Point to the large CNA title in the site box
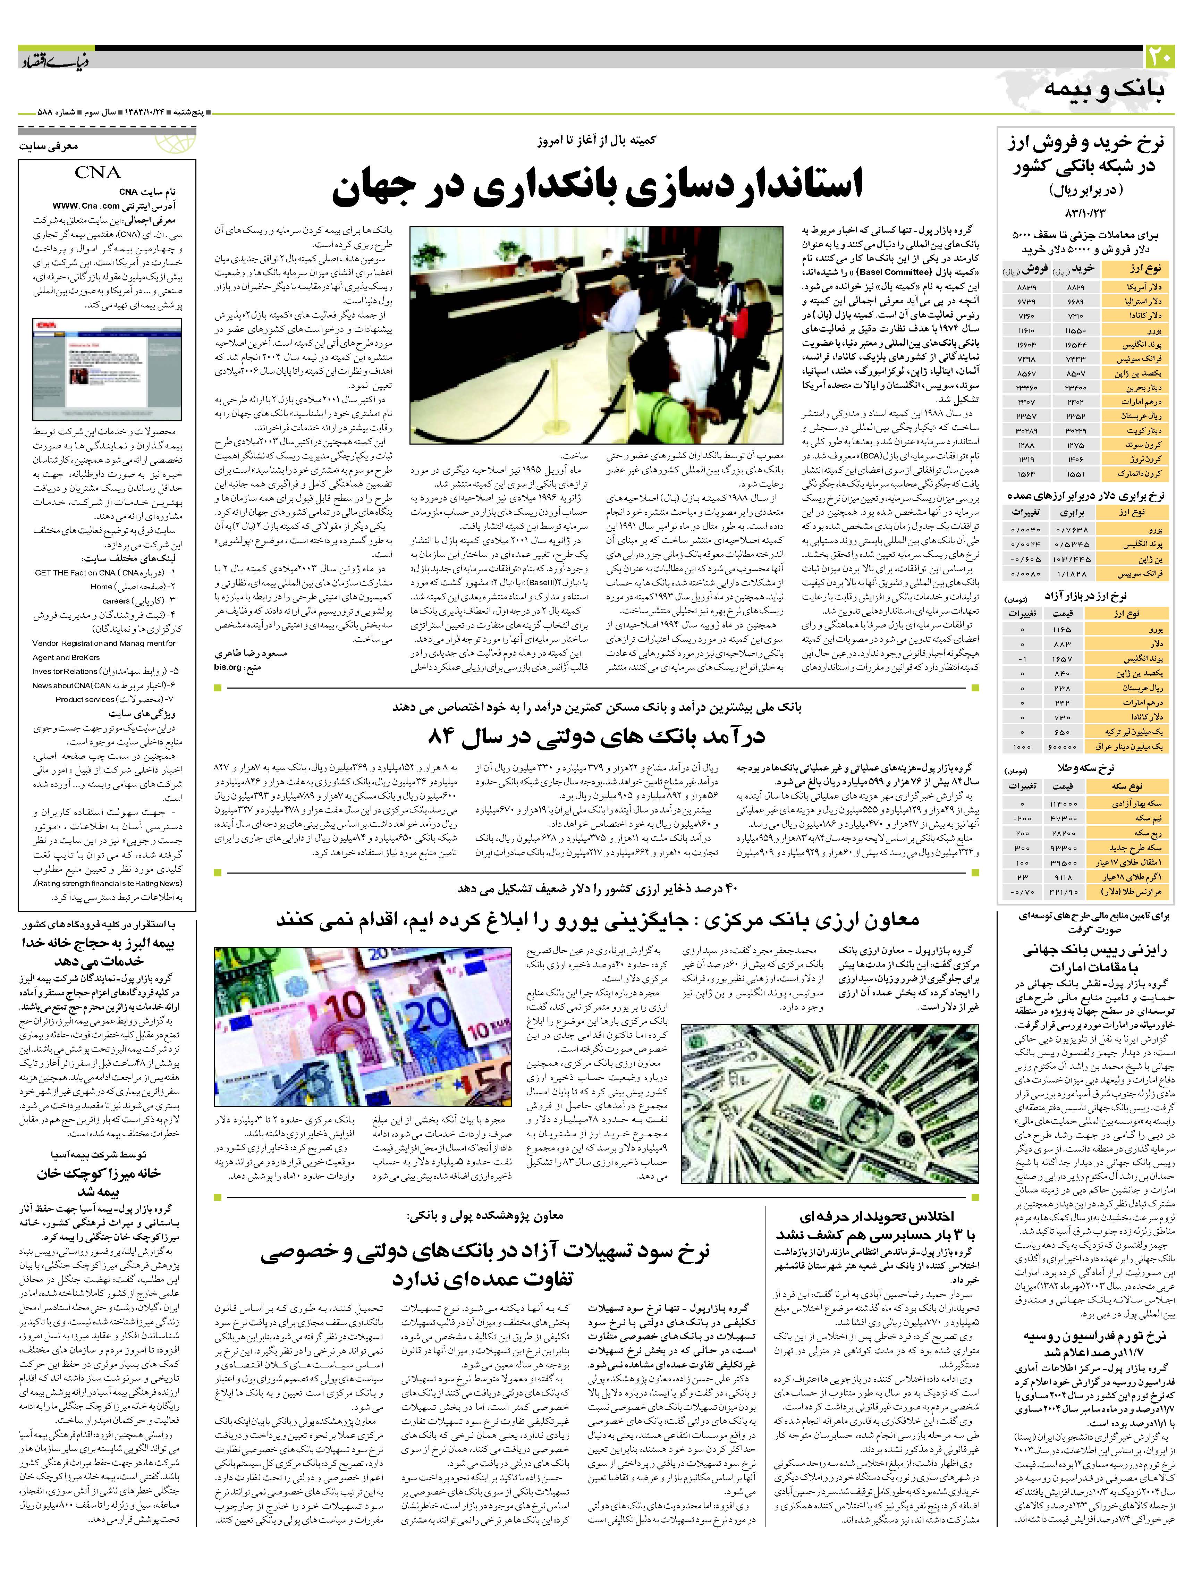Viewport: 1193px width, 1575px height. (98, 172)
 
